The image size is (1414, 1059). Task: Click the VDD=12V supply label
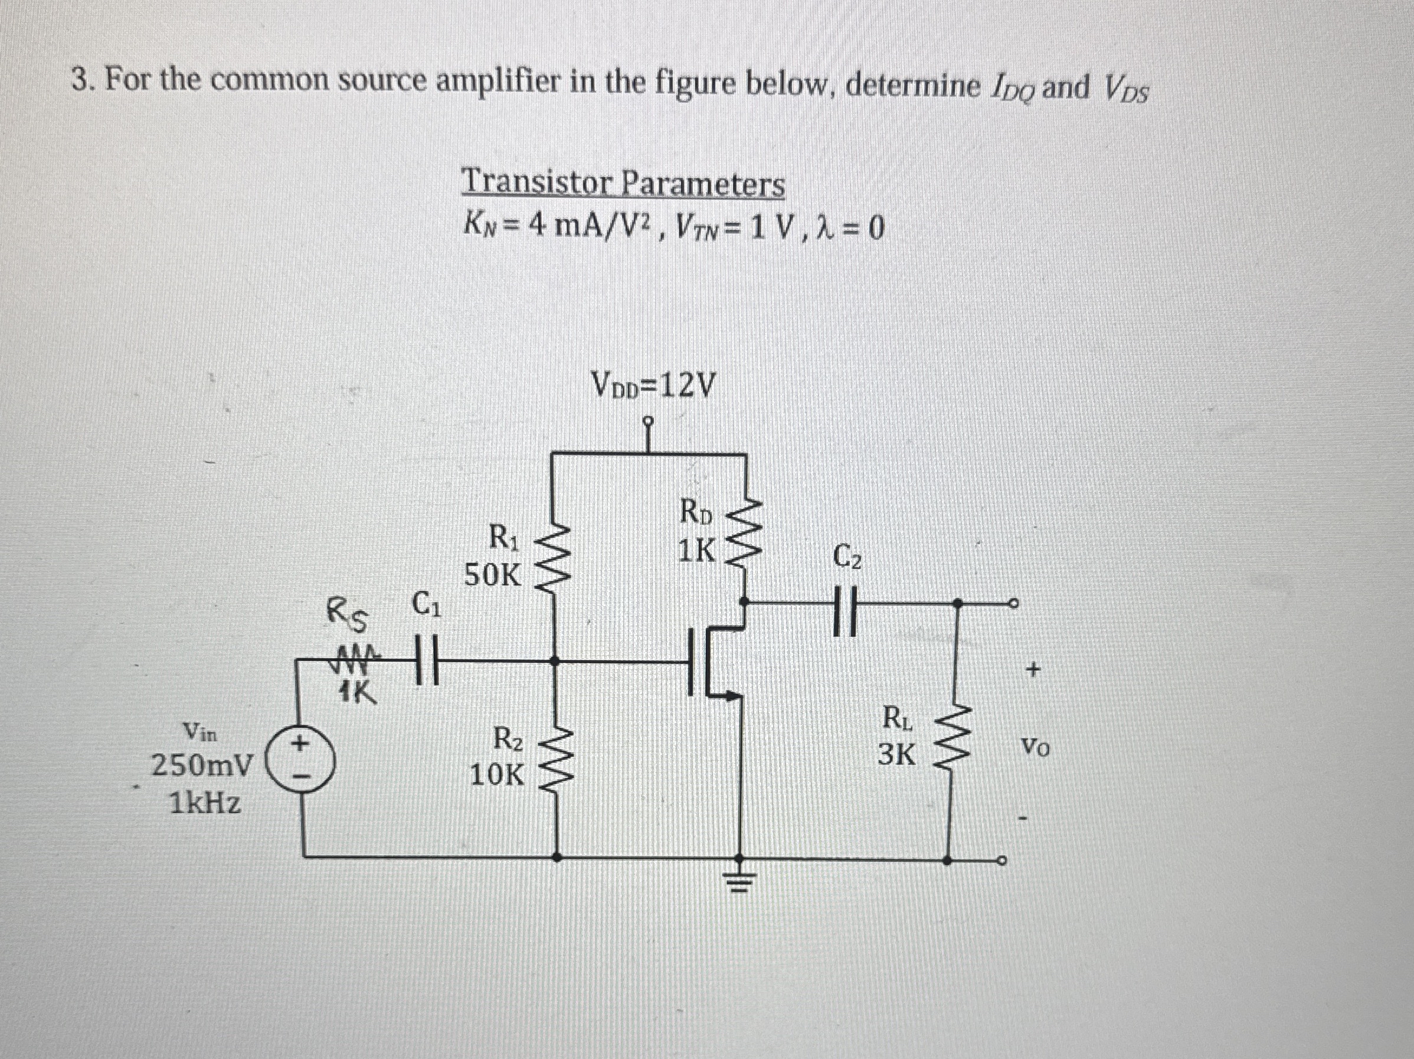point(653,385)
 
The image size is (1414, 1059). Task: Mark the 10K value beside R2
point(497,776)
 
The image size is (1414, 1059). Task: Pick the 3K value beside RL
point(897,756)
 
